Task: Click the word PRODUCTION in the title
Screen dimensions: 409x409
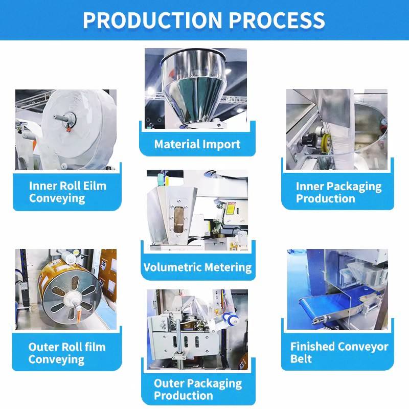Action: click(151, 20)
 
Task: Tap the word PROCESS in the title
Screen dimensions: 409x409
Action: click(277, 20)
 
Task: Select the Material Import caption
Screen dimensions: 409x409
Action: click(197, 144)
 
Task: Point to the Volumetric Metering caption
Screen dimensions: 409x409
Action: click(197, 267)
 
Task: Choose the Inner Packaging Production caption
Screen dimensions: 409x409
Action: click(338, 192)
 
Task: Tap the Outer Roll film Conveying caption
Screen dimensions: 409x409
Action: click(67, 353)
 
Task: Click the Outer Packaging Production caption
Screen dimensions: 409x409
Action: click(197, 389)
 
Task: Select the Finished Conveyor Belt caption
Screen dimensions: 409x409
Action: click(339, 352)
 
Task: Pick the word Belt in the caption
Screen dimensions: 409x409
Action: click(302, 359)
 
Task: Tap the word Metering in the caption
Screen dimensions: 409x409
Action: click(228, 267)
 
